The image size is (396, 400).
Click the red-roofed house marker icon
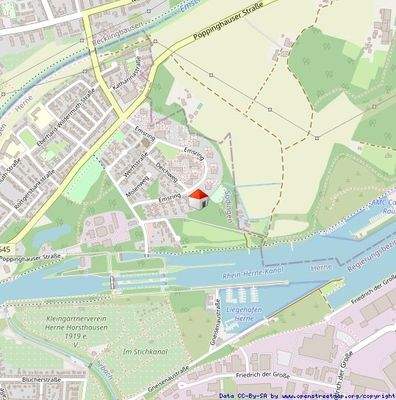198,196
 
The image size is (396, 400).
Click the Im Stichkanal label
141,352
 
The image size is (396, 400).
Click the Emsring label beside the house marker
169,198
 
